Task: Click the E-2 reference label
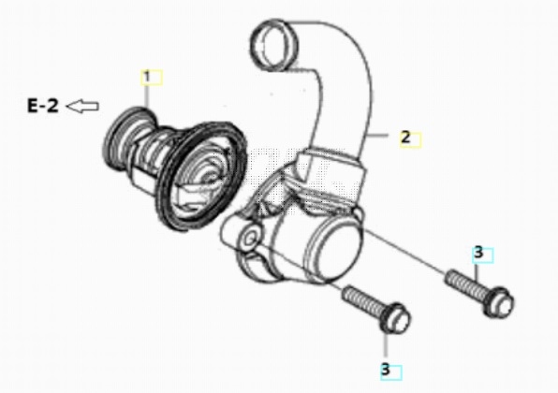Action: [x=43, y=106]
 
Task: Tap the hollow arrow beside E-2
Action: [x=82, y=106]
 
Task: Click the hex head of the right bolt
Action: [x=499, y=302]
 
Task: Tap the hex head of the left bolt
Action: [x=396, y=318]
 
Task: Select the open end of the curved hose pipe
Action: [x=274, y=45]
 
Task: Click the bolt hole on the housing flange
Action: [x=251, y=239]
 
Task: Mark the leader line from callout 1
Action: [x=147, y=95]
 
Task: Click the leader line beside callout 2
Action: [x=377, y=135]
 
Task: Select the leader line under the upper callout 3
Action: [x=477, y=271]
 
